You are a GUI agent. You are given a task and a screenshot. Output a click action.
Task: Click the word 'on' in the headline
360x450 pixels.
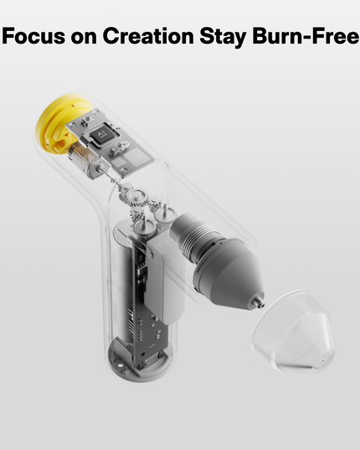pos(84,37)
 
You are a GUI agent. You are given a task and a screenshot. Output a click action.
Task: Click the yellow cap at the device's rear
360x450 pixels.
pos(52,126)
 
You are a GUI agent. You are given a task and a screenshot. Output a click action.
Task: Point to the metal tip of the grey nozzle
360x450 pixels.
pos(260,297)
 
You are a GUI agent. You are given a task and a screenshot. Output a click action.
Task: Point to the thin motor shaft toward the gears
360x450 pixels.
pos(109,176)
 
